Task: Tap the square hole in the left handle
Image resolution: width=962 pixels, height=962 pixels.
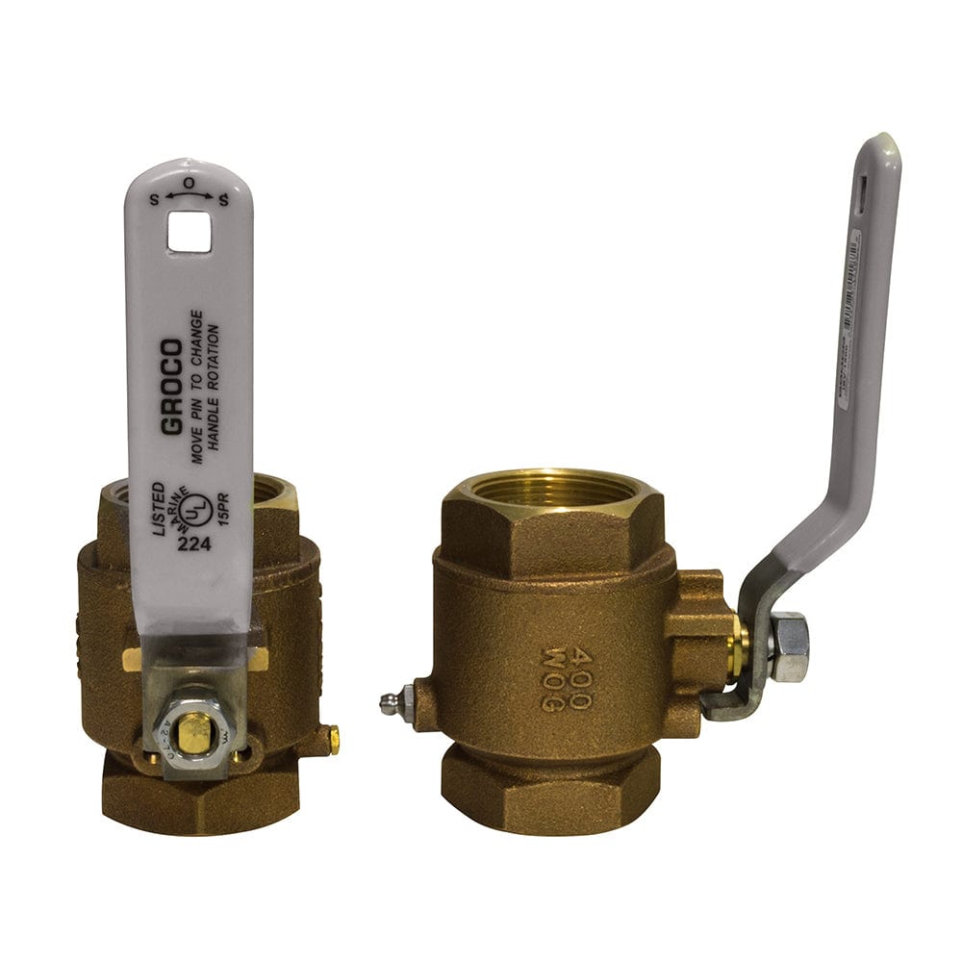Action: (189, 232)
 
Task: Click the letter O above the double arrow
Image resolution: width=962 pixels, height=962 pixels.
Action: (189, 182)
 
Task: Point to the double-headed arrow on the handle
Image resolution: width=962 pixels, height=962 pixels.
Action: (189, 196)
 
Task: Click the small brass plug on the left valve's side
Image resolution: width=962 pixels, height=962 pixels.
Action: (334, 739)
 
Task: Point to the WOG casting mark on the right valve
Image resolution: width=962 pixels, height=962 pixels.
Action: (552, 680)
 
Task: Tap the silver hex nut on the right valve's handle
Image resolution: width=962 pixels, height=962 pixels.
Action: (789, 646)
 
